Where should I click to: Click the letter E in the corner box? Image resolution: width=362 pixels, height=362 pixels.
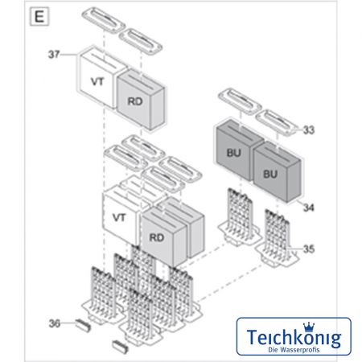coord(39,17)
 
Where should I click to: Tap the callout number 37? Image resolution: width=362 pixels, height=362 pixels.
coord(54,54)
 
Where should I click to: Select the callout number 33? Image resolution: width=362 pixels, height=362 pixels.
coord(309,130)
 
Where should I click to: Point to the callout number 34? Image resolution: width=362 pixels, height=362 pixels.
coord(309,208)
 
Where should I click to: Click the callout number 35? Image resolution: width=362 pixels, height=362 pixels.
coord(309,249)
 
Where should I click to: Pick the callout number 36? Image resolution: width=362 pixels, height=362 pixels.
coord(55,323)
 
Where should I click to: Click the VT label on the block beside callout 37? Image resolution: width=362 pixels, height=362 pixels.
coord(97,81)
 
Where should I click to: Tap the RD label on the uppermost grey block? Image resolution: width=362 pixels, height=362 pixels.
coord(135,101)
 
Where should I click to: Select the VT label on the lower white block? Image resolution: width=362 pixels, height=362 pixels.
coord(119,217)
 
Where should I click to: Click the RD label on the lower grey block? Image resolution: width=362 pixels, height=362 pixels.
coord(157,237)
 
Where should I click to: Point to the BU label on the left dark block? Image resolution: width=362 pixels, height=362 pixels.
coord(234,153)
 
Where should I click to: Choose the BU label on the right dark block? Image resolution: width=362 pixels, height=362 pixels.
coord(270,175)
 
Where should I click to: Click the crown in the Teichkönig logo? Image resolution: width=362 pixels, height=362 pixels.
coord(309,327)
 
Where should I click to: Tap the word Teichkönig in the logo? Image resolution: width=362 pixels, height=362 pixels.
coord(294,338)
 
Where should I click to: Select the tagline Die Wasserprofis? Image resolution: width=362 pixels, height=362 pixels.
coord(294,350)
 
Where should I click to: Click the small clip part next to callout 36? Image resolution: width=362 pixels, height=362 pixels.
coord(83,325)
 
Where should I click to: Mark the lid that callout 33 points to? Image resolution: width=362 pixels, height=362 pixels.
coord(277,123)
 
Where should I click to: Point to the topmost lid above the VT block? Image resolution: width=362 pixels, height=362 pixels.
coord(104,20)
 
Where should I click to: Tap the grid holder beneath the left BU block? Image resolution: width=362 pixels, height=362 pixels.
coord(240,216)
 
